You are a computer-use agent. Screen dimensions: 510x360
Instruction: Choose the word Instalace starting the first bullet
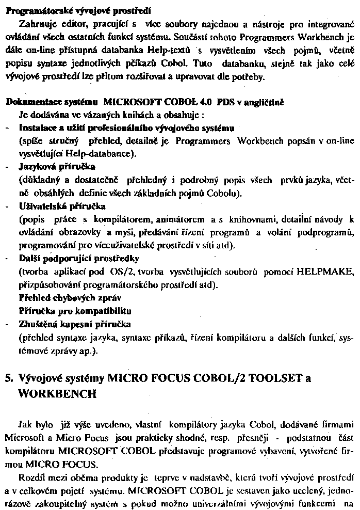37,127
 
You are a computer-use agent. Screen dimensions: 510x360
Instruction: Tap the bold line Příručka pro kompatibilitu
74,311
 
